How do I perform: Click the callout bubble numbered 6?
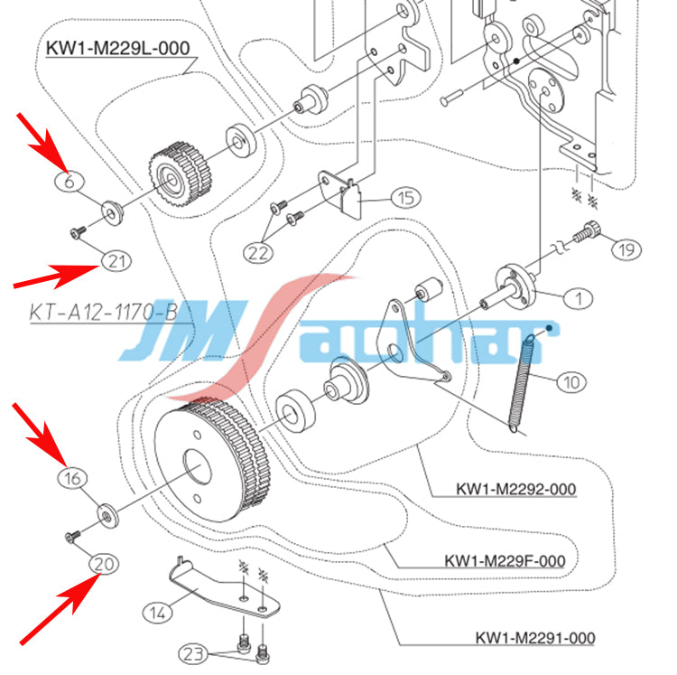point(69,180)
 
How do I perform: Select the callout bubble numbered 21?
point(115,261)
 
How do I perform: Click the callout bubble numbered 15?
point(405,197)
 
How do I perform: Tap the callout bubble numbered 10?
point(571,381)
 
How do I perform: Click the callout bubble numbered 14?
point(158,614)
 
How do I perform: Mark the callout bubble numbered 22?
point(260,254)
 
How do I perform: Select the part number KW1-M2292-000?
point(515,489)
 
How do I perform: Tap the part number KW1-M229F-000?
point(505,561)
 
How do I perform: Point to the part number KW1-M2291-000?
point(535,638)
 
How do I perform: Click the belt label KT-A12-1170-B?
point(102,313)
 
